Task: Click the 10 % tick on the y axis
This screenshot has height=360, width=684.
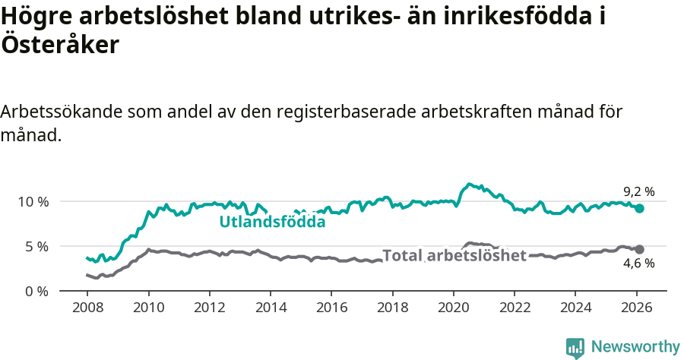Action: pyautogui.click(x=32, y=201)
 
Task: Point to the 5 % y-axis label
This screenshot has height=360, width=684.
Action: pyautogui.click(x=35, y=246)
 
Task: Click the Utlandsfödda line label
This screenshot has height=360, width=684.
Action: pyautogui.click(x=272, y=223)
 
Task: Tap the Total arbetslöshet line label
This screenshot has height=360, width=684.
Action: pyautogui.click(x=454, y=255)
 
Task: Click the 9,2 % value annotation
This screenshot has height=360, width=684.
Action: pyautogui.click(x=638, y=192)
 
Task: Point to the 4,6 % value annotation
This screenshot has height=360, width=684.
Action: pyautogui.click(x=638, y=264)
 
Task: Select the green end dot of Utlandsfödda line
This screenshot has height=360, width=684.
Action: pyautogui.click(x=639, y=208)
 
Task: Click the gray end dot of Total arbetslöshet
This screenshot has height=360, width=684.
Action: pyautogui.click(x=639, y=249)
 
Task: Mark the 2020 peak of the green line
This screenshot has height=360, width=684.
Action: pyautogui.click(x=470, y=184)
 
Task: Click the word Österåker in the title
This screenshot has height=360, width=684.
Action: pyautogui.click(x=60, y=46)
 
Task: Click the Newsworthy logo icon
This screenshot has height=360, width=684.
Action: pyautogui.click(x=575, y=348)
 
